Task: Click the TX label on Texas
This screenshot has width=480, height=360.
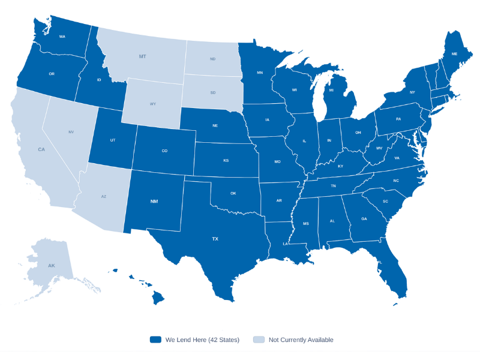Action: pyautogui.click(x=215, y=239)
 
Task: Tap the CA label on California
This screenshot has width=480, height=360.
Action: pyautogui.click(x=41, y=149)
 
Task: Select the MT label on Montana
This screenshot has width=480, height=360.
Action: pyautogui.click(x=142, y=56)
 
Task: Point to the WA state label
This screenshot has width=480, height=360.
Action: pyautogui.click(x=62, y=37)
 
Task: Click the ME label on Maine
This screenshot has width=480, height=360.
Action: pyautogui.click(x=454, y=54)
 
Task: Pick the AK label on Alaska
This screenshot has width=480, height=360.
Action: pyautogui.click(x=51, y=265)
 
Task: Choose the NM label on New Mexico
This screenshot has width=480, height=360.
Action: pyautogui.click(x=154, y=201)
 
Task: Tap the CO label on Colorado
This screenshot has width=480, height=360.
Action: pyautogui.click(x=164, y=151)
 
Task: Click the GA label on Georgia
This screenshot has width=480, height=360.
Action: pyautogui.click(x=364, y=219)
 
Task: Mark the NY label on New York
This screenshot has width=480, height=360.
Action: pyautogui.click(x=412, y=92)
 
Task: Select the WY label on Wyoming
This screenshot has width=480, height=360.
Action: pyautogui.click(x=153, y=104)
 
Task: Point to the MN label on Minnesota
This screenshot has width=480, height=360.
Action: pyautogui.click(x=260, y=73)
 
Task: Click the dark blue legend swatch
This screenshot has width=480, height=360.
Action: pyautogui.click(x=156, y=340)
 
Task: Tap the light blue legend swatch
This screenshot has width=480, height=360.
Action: pyautogui.click(x=259, y=340)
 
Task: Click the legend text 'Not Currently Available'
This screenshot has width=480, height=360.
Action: pyautogui.click(x=301, y=340)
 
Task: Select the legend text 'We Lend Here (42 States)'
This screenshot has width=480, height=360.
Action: pyautogui.click(x=202, y=340)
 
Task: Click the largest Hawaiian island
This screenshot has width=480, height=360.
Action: pyautogui.click(x=158, y=297)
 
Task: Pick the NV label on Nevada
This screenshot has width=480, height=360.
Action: pyautogui.click(x=71, y=132)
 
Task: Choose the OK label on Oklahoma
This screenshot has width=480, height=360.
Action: pyautogui.click(x=233, y=193)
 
